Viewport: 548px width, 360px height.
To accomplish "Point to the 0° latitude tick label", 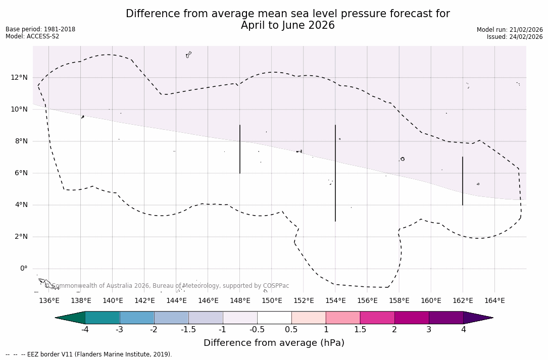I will [23, 269].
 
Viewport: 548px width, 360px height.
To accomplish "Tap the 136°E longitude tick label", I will [49, 301].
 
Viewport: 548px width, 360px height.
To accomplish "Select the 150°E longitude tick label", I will [272, 301].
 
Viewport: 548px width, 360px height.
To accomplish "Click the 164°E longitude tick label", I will [494, 301].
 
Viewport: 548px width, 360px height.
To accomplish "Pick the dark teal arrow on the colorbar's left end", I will [71, 318].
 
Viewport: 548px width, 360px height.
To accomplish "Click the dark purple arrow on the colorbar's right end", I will [477, 318].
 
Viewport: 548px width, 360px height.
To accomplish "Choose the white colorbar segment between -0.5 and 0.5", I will [274, 318].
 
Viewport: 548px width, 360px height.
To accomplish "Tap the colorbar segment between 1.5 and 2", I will [377, 318].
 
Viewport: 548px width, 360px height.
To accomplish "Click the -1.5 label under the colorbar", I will [188, 330].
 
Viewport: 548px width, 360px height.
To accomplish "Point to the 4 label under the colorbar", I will [463, 330].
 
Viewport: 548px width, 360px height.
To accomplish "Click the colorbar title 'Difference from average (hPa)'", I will [274, 343].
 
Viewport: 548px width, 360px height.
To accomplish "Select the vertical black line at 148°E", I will [240, 149].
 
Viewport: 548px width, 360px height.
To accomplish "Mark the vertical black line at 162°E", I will [463, 181].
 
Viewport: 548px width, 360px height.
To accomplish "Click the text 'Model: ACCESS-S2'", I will [32, 36].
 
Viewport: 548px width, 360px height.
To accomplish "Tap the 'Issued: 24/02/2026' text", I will [515, 37].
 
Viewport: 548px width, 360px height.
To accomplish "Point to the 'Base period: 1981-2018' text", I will [40, 29].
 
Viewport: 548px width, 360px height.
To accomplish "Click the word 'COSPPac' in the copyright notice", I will [276, 286].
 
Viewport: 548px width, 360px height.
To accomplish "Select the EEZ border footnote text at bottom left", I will [89, 354].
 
